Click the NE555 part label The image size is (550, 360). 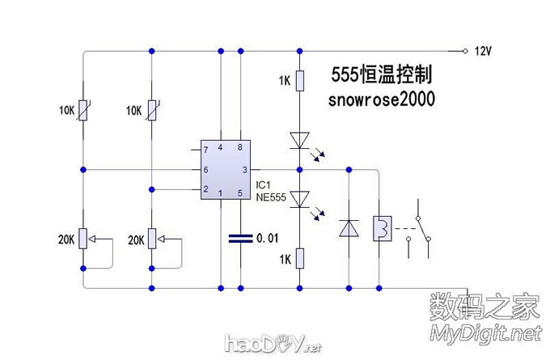click(273, 195)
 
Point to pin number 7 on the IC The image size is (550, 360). click(205, 150)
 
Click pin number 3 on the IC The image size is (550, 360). click(244, 170)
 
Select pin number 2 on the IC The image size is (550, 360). click(205, 189)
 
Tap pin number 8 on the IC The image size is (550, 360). click(239, 147)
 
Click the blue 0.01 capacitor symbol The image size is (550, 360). click(239, 239)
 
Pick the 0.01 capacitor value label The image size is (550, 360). click(267, 239)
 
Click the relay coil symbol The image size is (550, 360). click(381, 229)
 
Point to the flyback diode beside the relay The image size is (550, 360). click(349, 229)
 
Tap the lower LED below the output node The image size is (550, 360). click(299, 198)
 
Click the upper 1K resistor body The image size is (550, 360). click(299, 81)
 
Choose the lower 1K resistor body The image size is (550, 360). click(299, 258)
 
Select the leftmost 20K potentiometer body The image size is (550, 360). click(82, 239)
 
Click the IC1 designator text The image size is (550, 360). click(263, 184)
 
